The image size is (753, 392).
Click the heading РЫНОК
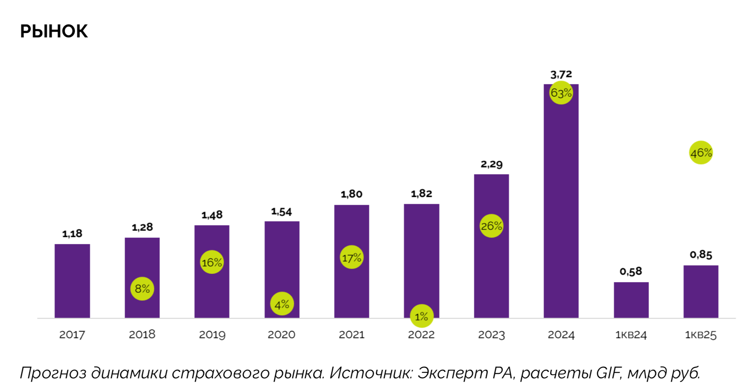pos(54,31)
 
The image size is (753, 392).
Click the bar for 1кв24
pos(631,300)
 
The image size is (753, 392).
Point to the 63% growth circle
pos(561,93)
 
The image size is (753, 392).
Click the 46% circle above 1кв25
pos(701,152)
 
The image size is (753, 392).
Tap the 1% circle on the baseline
pos(421,316)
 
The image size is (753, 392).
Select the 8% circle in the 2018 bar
pos(142,288)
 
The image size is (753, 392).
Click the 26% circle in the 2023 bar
pos(491,226)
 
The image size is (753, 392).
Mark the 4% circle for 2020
pos(282,304)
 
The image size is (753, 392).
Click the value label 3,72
pos(561,74)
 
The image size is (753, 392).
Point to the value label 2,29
pos(491,164)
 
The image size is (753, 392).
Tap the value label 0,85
pos(701,254)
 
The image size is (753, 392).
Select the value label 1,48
pos(212,215)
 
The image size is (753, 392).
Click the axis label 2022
pos(421,335)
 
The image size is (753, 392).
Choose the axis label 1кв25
pos(701,335)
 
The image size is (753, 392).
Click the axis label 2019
pos(212,335)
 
